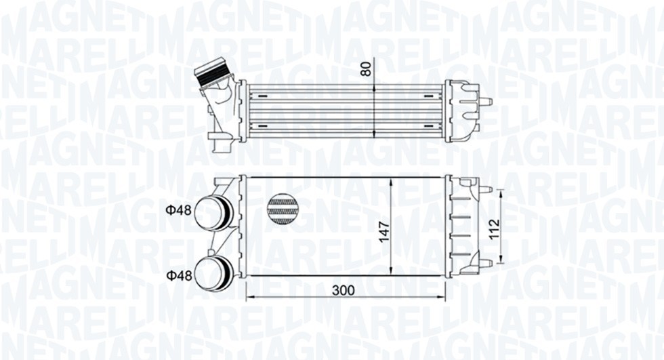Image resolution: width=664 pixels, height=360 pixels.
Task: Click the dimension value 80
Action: (367, 69)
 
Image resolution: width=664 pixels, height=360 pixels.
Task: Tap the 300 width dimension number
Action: (344, 290)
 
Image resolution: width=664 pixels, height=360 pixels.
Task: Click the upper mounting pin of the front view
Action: (486, 189)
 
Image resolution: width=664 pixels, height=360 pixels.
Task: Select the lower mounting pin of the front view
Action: (486, 263)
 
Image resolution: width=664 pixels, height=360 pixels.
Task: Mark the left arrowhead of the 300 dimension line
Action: (248, 297)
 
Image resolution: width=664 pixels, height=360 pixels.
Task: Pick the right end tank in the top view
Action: (461, 110)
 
